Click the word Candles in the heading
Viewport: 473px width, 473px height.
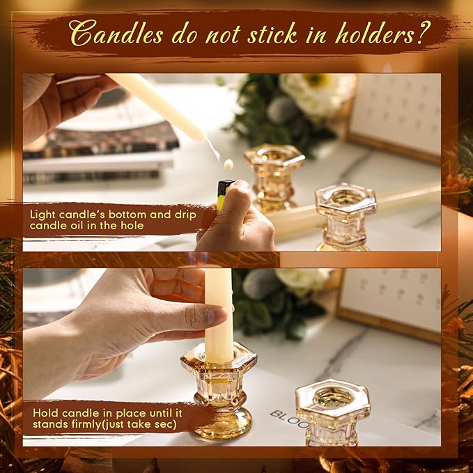click(116, 33)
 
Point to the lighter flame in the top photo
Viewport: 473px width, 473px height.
click(228, 164)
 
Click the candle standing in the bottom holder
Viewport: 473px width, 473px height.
click(219, 313)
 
